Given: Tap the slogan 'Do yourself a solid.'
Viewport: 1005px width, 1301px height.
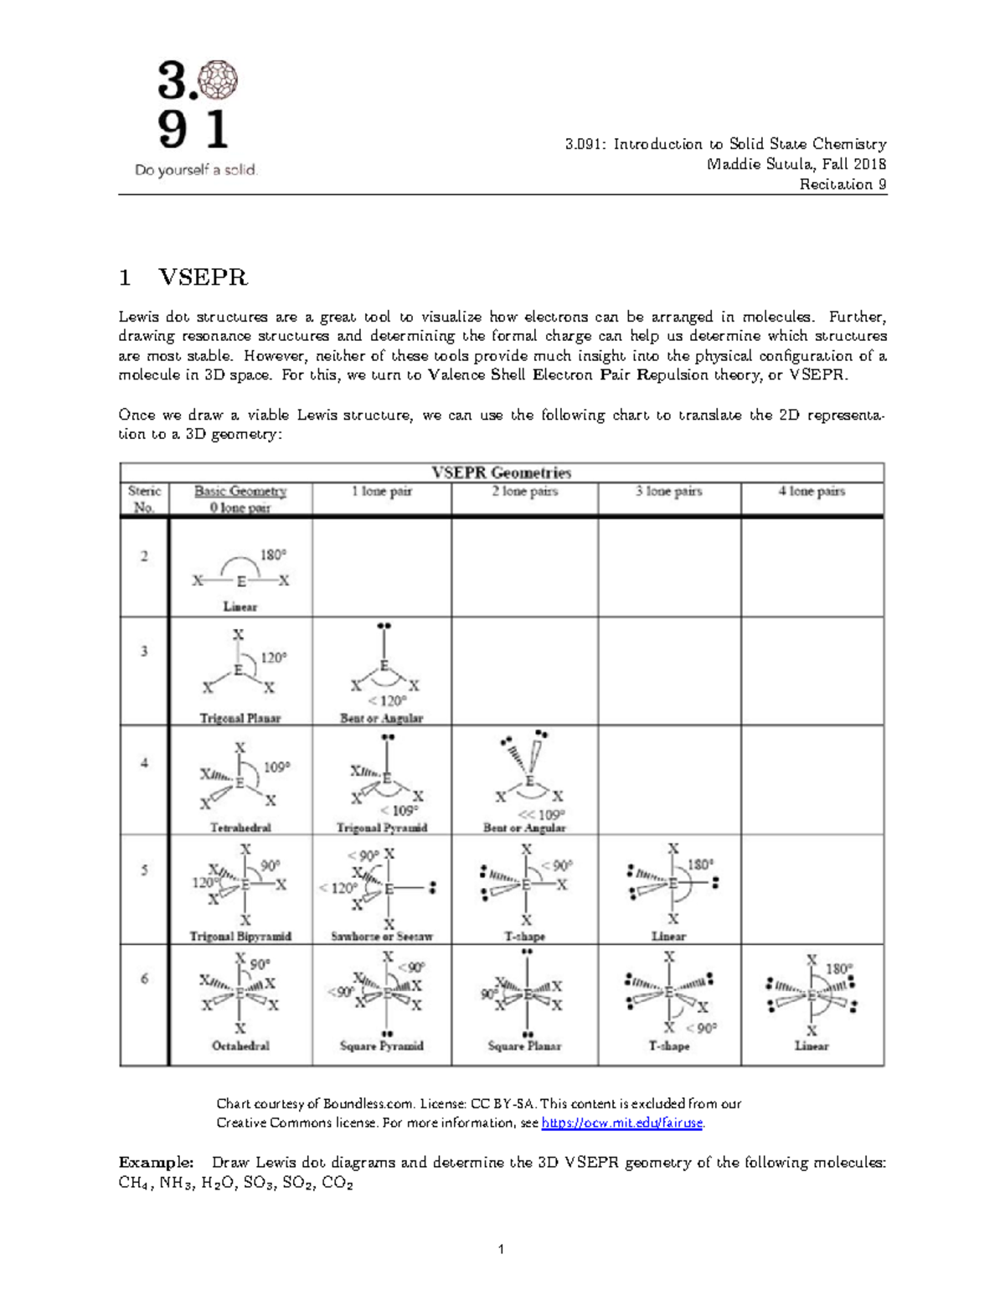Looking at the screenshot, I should pyautogui.click(x=196, y=170).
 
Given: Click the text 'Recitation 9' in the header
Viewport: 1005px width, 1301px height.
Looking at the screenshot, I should pyautogui.click(x=843, y=184).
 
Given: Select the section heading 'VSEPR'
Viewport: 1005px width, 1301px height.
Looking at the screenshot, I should pyautogui.click(x=203, y=277).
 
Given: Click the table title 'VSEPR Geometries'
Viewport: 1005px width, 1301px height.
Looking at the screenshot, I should pyautogui.click(x=501, y=472).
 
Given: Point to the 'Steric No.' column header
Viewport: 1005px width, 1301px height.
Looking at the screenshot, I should pyautogui.click(x=144, y=498).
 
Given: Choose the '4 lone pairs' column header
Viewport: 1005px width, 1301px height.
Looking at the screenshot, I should pyautogui.click(x=812, y=491).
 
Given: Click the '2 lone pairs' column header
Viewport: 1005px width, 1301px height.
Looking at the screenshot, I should pyautogui.click(x=524, y=491).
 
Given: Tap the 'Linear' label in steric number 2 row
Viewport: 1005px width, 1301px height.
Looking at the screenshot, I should pyautogui.click(x=240, y=607).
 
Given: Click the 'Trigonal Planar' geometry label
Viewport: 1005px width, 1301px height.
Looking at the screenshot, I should pyautogui.click(x=240, y=718).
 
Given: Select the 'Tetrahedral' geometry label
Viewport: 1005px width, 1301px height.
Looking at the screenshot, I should pyautogui.click(x=240, y=827).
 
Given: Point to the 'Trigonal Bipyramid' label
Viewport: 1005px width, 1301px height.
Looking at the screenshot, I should pyautogui.click(x=240, y=936).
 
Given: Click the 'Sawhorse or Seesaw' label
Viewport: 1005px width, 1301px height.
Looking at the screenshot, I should pyautogui.click(x=382, y=936).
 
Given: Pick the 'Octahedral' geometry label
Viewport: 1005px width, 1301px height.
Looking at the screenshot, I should pyautogui.click(x=240, y=1045).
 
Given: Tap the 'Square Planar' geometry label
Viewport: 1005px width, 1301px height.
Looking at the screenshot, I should pyautogui.click(x=524, y=1045).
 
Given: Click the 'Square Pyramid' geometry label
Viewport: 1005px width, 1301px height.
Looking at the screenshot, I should pyautogui.click(x=382, y=1045).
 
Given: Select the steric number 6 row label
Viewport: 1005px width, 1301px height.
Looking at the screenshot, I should pyautogui.click(x=144, y=978).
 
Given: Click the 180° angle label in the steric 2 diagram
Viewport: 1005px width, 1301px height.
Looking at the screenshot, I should pyautogui.click(x=273, y=555).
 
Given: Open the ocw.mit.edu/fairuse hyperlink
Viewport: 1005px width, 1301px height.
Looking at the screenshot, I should pyautogui.click(x=621, y=1123).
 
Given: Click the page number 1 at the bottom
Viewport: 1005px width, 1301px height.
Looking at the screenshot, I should pyautogui.click(x=501, y=1249).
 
